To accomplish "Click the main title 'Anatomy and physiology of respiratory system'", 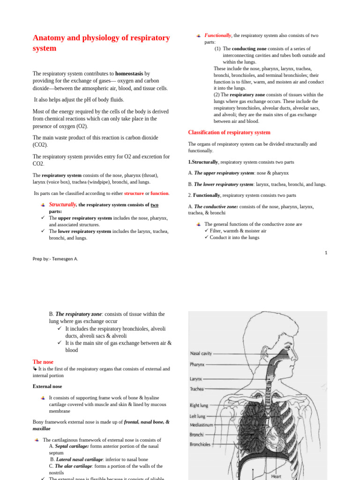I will tap(101, 43).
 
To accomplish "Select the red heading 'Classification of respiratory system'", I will tap(229, 133).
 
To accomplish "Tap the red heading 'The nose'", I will tap(43, 362).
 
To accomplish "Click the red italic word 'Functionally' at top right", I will tap(218, 36).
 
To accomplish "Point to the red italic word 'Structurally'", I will tap(63, 205).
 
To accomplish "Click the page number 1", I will tap(326, 253).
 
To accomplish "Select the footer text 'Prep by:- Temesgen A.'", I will tap(55, 258).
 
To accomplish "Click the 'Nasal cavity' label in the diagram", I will tap(201, 353).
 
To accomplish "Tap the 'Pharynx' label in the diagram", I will tap(197, 364).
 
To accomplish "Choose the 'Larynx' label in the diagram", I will tap(196, 379).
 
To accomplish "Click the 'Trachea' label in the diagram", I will tap(196, 389).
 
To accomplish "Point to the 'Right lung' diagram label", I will tap(199, 405).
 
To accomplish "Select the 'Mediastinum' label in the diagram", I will tap(202, 425).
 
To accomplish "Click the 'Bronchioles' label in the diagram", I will tap(200, 444).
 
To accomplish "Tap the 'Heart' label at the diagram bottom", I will tap(276, 476).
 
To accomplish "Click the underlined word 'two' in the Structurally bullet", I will tap(154, 205).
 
